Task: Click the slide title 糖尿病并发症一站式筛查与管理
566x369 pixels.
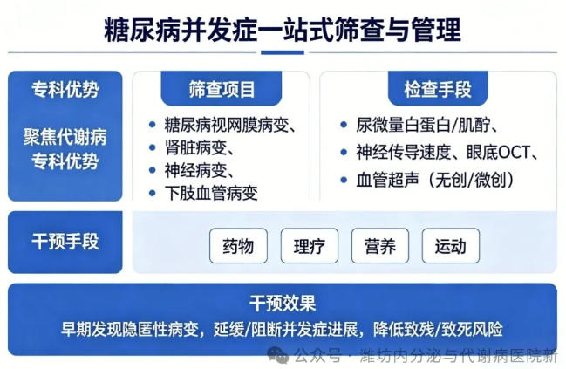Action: (x=283, y=30)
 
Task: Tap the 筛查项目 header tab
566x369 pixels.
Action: (x=222, y=88)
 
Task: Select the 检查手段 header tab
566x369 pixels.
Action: (x=438, y=88)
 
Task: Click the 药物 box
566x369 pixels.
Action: (x=238, y=246)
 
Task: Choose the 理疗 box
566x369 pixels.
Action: (x=310, y=246)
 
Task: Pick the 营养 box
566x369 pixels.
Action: (x=380, y=246)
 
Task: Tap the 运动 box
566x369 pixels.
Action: (x=451, y=246)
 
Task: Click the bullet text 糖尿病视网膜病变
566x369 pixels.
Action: (x=227, y=125)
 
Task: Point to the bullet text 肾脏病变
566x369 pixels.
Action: (x=195, y=147)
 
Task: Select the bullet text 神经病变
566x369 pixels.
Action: (x=195, y=170)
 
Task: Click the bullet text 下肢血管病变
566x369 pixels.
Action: (x=211, y=193)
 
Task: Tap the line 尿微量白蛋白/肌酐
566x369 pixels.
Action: (x=423, y=125)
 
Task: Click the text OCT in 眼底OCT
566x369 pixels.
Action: (x=514, y=153)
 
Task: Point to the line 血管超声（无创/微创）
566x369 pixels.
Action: (x=435, y=180)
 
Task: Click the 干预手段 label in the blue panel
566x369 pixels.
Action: (x=65, y=241)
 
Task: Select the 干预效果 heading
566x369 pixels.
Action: (x=283, y=303)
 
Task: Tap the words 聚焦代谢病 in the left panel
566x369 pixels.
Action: (x=65, y=137)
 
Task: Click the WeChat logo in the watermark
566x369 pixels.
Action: (x=278, y=355)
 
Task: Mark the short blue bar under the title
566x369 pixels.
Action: (x=283, y=52)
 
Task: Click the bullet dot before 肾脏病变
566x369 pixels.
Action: (x=153, y=147)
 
